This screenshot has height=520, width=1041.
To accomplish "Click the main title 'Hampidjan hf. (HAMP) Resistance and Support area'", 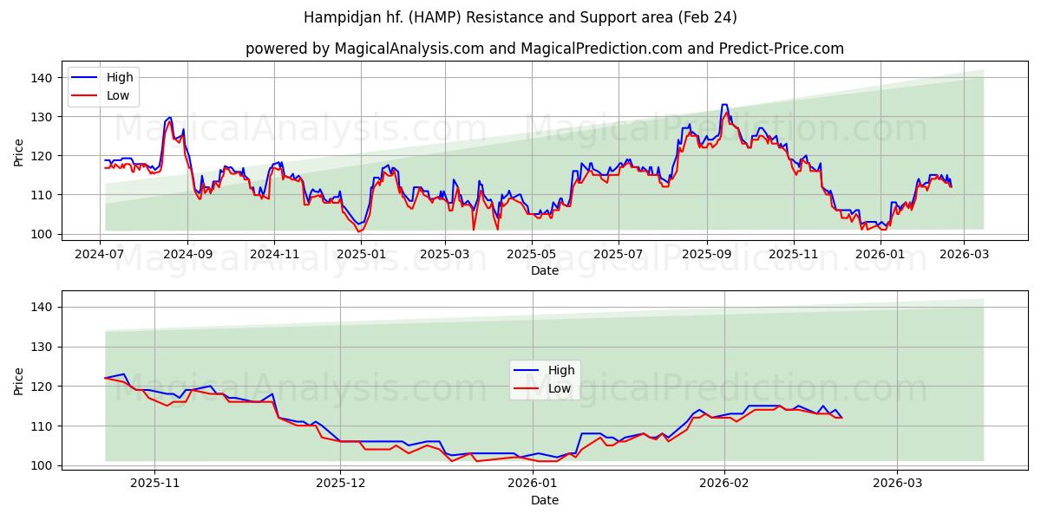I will click(x=520, y=17).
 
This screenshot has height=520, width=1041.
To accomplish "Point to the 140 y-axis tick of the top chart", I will click(x=44, y=78).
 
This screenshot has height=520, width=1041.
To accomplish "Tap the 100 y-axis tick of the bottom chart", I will click(x=44, y=465).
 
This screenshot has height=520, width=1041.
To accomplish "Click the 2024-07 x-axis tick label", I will click(x=100, y=254).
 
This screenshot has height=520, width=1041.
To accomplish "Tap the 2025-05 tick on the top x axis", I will click(x=531, y=254).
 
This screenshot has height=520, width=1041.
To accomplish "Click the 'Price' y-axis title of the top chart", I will click(x=19, y=153).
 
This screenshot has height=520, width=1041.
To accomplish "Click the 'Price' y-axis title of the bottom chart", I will click(x=19, y=381).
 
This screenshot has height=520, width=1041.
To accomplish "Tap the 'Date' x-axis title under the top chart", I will click(x=544, y=270).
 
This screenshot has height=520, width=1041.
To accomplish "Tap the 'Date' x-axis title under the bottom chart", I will click(x=544, y=500).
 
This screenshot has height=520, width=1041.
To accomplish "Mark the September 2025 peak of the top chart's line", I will click(x=724, y=105).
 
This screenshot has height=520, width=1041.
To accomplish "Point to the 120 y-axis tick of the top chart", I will click(x=44, y=156).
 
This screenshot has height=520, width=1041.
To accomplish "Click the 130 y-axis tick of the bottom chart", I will click(x=44, y=347).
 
